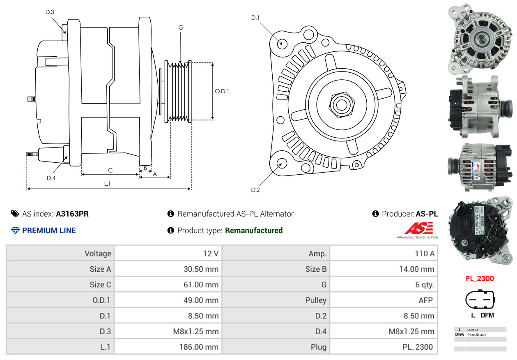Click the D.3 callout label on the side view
click(x=50, y=12)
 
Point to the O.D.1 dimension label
click(x=222, y=91)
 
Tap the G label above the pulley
click(x=181, y=28)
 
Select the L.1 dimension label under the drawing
click(x=107, y=184)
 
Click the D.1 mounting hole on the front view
click(x=282, y=43)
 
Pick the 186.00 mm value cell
click(x=199, y=347)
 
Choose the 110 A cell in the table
click(x=424, y=254)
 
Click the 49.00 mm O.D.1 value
click(x=201, y=300)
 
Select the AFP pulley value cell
click(x=425, y=300)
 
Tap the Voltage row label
click(x=98, y=254)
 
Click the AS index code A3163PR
click(x=72, y=214)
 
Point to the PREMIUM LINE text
click(x=49, y=231)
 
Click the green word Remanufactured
click(x=254, y=231)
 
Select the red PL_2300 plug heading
click(x=480, y=279)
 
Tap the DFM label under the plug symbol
click(x=487, y=315)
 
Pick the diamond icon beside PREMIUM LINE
click(x=16, y=231)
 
